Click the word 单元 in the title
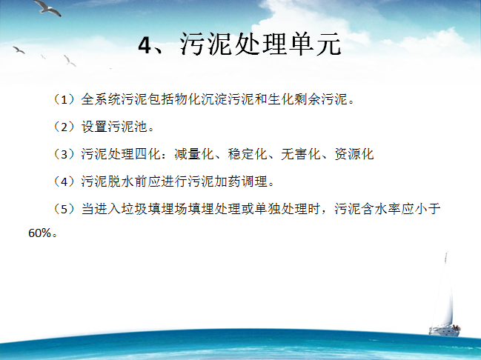315,44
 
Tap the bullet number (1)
64,99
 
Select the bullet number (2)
64,127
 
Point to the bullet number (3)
64,154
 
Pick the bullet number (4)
64,181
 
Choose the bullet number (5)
64,209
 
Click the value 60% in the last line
39,233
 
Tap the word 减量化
194,154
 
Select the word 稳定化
248,154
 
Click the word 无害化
301,154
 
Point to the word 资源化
354,154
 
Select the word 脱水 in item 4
121,181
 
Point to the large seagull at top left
47,7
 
